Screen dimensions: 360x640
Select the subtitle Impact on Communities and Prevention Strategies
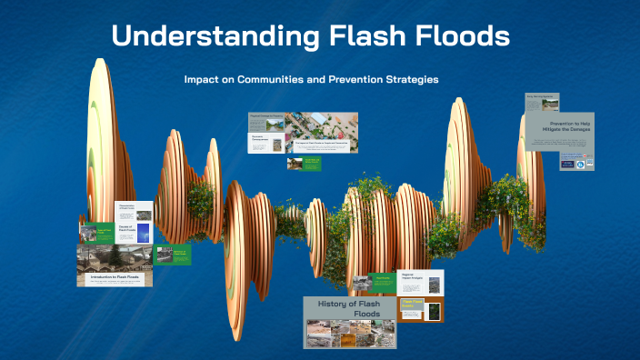311,79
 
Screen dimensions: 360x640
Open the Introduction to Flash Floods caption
114,275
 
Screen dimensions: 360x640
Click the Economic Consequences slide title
262,141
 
